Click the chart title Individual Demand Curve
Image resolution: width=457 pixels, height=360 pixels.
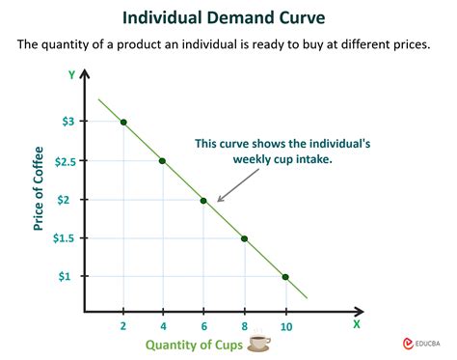(228, 16)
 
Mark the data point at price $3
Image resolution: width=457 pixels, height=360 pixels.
(124, 122)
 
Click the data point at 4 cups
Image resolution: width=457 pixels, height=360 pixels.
(163, 161)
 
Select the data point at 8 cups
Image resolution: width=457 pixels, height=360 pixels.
(244, 238)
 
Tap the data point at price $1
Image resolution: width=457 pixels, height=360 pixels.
(284, 277)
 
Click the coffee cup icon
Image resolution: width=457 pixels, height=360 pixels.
(260, 343)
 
